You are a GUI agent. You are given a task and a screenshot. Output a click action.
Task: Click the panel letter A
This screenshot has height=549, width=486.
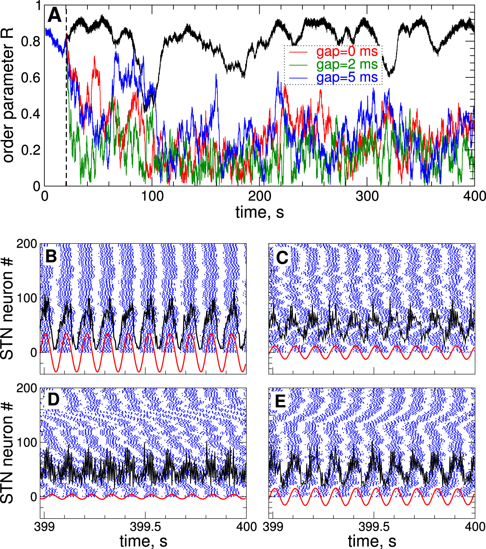pos(54,16)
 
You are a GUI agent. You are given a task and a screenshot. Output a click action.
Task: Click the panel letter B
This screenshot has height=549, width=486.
pos(51,256)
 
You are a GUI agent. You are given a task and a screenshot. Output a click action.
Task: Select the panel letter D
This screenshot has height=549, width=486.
pos(53,400)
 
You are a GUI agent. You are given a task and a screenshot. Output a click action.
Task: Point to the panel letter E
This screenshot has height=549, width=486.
pos(280,401)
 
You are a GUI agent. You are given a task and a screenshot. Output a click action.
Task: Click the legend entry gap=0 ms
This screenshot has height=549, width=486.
pos(347,52)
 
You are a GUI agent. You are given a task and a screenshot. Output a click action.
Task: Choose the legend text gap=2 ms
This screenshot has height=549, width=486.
pos(347,65)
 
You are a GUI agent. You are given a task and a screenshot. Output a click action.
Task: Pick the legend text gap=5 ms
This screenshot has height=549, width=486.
pos(347,78)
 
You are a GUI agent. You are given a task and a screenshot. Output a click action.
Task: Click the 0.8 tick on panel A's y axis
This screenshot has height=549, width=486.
pos(31,42)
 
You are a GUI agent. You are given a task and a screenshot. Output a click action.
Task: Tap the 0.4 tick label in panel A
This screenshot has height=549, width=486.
pos(31,114)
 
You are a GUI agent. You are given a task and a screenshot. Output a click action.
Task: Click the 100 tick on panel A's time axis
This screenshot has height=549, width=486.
pos(152,196)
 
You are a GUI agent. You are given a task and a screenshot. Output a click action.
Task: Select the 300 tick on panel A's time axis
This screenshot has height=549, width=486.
pos(367,196)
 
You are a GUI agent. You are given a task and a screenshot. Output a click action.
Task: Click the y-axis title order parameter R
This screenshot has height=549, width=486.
pos(8,95)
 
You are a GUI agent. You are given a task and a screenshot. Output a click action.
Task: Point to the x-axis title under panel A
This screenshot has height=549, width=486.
pos(259,212)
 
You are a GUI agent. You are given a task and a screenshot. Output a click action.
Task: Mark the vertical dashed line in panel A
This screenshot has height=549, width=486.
pos(66,117)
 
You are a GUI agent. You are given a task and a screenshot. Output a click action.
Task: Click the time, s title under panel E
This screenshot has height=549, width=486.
pos(372,541)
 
